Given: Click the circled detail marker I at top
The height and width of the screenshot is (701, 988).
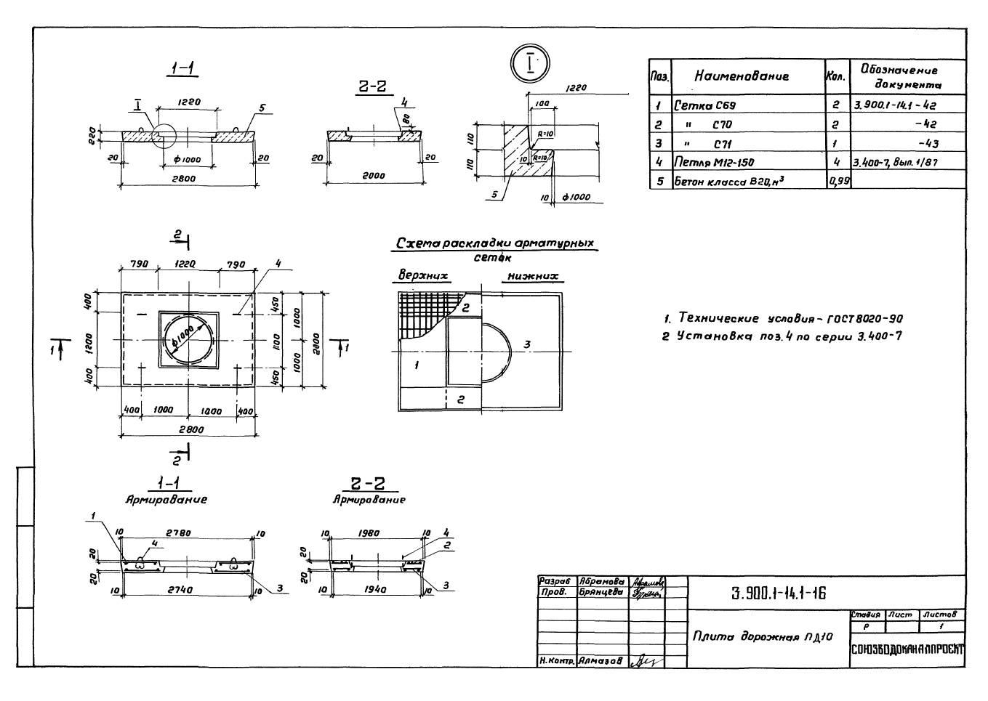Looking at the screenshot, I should [x=531, y=64].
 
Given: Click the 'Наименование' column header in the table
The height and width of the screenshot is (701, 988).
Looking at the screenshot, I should [x=741, y=76].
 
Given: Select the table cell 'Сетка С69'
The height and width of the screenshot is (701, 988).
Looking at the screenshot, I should [x=704, y=105].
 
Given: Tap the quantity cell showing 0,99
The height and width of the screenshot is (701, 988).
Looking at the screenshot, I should [x=838, y=181].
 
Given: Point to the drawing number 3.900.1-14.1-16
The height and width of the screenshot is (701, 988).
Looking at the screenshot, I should [x=778, y=593].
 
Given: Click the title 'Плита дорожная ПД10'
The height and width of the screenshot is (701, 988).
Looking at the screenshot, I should [x=762, y=636].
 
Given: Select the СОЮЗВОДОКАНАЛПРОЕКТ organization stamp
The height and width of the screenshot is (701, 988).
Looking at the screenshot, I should [x=907, y=649].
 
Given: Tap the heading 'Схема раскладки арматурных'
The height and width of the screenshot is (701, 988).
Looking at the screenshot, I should [x=494, y=243].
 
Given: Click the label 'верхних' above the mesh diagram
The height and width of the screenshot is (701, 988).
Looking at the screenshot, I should [x=422, y=276].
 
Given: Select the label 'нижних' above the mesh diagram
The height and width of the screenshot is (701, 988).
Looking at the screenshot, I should [x=533, y=276].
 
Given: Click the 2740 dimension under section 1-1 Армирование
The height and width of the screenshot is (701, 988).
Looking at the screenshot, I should [x=180, y=590].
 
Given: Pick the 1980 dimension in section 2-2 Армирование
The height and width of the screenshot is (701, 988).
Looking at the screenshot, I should [x=369, y=533].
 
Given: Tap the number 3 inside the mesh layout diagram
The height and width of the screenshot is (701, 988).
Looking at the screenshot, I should [x=527, y=344].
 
